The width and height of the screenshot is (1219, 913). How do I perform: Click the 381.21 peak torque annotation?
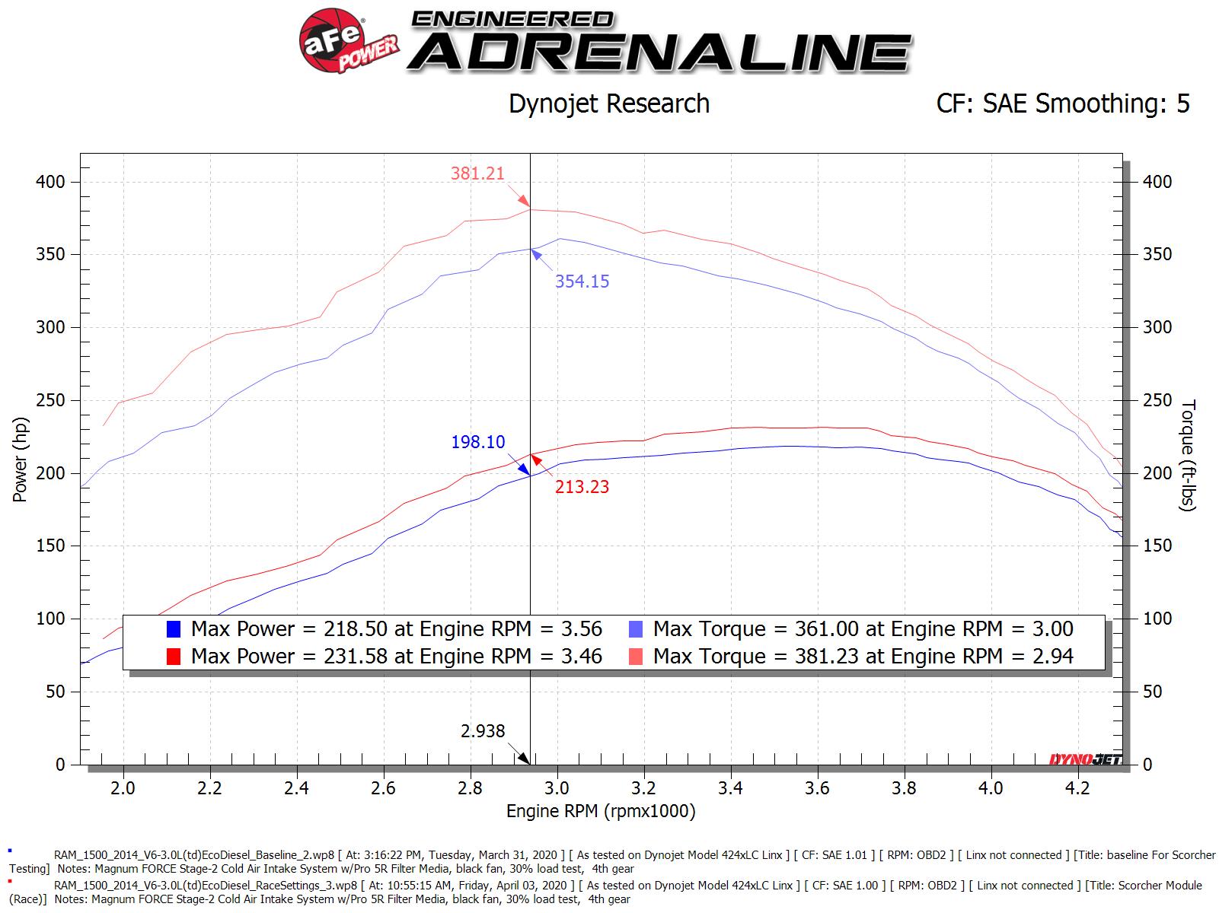pyautogui.click(x=477, y=173)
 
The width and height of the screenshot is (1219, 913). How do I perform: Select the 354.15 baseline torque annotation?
pyautogui.click(x=582, y=282)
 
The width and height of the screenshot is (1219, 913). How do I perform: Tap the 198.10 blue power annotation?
pyautogui.click(x=477, y=442)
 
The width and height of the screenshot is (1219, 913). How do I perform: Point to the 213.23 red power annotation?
pyautogui.click(x=582, y=487)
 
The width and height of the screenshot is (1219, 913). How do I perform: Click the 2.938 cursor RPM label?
pyautogui.click(x=483, y=731)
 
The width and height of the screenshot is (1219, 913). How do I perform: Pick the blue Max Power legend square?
pyautogui.click(x=174, y=629)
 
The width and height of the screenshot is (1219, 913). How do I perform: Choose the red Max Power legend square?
pyautogui.click(x=174, y=657)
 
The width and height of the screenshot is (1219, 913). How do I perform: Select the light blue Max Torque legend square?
pyautogui.click(x=636, y=629)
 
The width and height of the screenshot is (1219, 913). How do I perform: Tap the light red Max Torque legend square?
pyautogui.click(x=636, y=657)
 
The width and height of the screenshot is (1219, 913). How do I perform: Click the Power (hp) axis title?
pyautogui.click(x=20, y=460)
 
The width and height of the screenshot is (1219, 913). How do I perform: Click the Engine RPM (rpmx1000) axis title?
pyautogui.click(x=601, y=812)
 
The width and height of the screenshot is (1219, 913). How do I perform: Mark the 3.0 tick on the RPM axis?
pyautogui.click(x=557, y=788)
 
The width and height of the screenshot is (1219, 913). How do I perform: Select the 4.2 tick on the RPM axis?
pyautogui.click(x=1077, y=788)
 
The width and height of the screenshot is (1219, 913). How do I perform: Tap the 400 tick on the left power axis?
pyautogui.click(x=50, y=182)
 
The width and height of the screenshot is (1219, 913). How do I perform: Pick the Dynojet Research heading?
pyautogui.click(x=608, y=103)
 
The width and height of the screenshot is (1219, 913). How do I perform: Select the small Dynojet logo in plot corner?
pyautogui.click(x=1084, y=759)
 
